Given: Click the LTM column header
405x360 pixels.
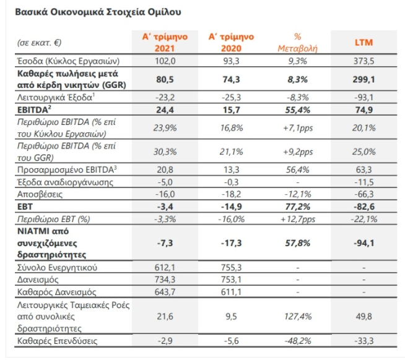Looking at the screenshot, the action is pyautogui.click(x=364, y=42).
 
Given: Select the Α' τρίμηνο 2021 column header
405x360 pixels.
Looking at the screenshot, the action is pyautogui.click(x=165, y=42).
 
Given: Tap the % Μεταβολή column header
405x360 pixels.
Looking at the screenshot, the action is pyautogui.click(x=297, y=42).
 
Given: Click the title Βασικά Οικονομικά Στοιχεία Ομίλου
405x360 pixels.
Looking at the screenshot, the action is pyautogui.click(x=98, y=12).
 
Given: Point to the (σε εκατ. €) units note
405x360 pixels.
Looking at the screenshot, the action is pyautogui.click(x=39, y=42).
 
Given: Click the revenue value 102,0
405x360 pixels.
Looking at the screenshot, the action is pyautogui.click(x=165, y=61).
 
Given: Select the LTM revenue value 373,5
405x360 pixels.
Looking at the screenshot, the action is pyautogui.click(x=364, y=61).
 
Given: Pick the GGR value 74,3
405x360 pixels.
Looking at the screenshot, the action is pyautogui.click(x=231, y=79).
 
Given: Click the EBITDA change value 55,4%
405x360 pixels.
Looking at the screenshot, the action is pyautogui.click(x=297, y=110).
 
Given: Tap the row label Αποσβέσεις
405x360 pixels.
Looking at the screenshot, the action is pyautogui.click(x=40, y=194).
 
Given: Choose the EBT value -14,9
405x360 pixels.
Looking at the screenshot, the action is pyautogui.click(x=231, y=207).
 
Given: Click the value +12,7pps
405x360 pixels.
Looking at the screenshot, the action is pyautogui.click(x=298, y=220).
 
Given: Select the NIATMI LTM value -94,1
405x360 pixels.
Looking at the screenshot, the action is pyautogui.click(x=364, y=243).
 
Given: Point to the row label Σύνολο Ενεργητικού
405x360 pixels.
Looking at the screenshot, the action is pyautogui.click(x=57, y=268).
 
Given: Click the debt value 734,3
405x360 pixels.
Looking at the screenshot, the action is pyautogui.click(x=165, y=280).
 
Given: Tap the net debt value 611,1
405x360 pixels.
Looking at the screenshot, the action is pyautogui.click(x=231, y=292).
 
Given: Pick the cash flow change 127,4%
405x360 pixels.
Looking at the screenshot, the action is pyautogui.click(x=298, y=316).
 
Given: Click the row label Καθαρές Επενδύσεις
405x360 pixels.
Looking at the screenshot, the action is pyautogui.click(x=57, y=341).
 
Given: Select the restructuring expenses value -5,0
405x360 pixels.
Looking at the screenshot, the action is pyautogui.click(x=165, y=182).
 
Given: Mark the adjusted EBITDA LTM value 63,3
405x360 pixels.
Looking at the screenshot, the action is pyautogui.click(x=364, y=170).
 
